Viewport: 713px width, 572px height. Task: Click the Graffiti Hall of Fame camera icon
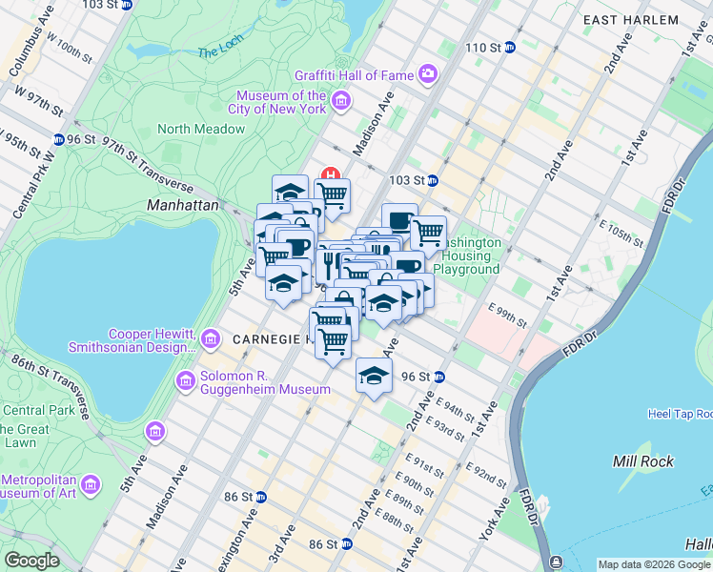(428, 73)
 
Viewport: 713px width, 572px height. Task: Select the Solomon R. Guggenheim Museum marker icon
(186, 380)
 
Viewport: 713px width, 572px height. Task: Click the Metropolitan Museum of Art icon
(91, 484)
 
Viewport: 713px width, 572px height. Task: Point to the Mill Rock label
(643, 461)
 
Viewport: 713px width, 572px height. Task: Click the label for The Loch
(222, 53)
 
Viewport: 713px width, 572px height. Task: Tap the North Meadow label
(200, 129)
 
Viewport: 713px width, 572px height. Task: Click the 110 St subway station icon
(510, 47)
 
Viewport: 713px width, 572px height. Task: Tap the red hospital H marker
(331, 175)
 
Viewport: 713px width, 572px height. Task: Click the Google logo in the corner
(31, 561)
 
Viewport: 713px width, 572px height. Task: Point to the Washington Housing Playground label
(466, 255)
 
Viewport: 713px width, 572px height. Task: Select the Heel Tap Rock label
(680, 414)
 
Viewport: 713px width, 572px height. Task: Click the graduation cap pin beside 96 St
(374, 374)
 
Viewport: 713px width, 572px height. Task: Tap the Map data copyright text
(654, 564)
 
